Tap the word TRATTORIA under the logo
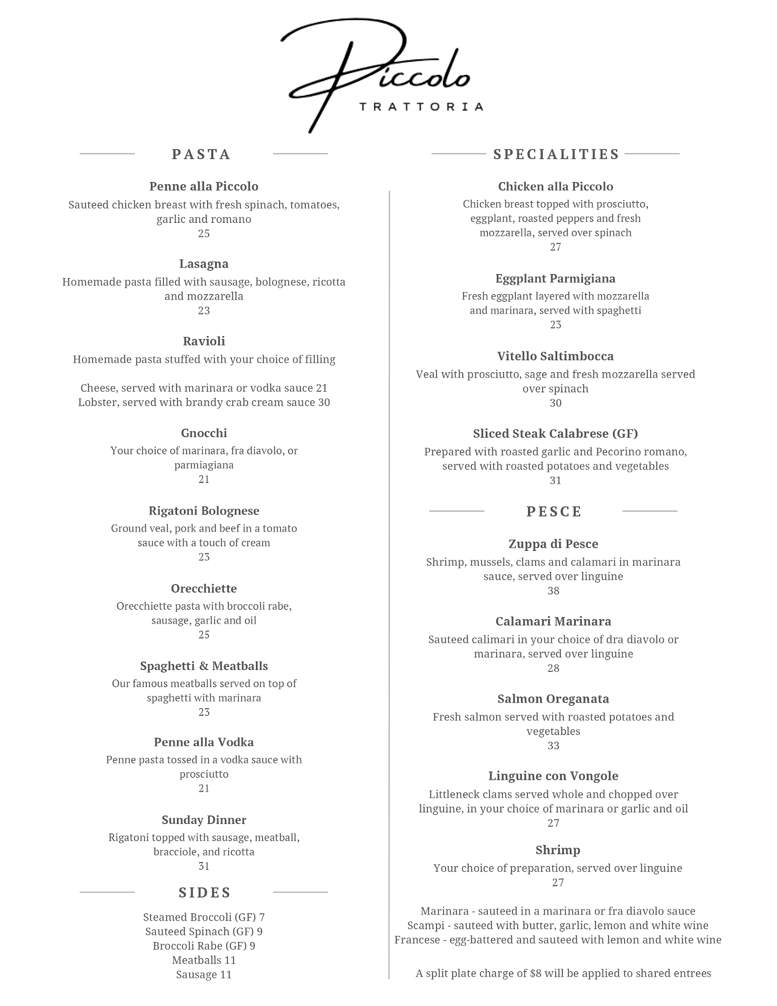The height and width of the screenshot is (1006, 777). coord(421,107)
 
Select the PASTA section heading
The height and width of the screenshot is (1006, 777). coord(201,154)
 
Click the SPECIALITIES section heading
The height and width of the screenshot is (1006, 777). coord(556,154)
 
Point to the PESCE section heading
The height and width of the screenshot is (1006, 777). coord(554,512)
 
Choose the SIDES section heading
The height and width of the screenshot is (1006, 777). coord(204,893)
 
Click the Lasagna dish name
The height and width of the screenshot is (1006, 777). coord(204,264)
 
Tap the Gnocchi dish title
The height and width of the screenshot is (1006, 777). coord(204,433)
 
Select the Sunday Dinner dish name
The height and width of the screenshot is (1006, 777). coord(204,820)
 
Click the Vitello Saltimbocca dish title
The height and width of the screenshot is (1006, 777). coord(555,357)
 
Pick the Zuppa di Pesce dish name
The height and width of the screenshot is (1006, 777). coord(553,544)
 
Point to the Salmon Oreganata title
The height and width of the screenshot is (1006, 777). coord(553,699)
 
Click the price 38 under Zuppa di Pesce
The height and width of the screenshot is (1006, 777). coord(553,591)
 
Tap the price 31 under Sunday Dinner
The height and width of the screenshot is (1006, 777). coord(204,866)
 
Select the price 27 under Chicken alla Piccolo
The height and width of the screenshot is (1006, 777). coord(555,247)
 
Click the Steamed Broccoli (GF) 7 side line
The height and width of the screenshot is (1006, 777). coord(204,917)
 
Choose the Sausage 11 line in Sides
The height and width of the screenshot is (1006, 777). coord(204,975)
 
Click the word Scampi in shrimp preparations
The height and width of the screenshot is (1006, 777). coord(423,926)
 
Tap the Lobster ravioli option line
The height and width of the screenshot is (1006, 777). coord(204,402)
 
